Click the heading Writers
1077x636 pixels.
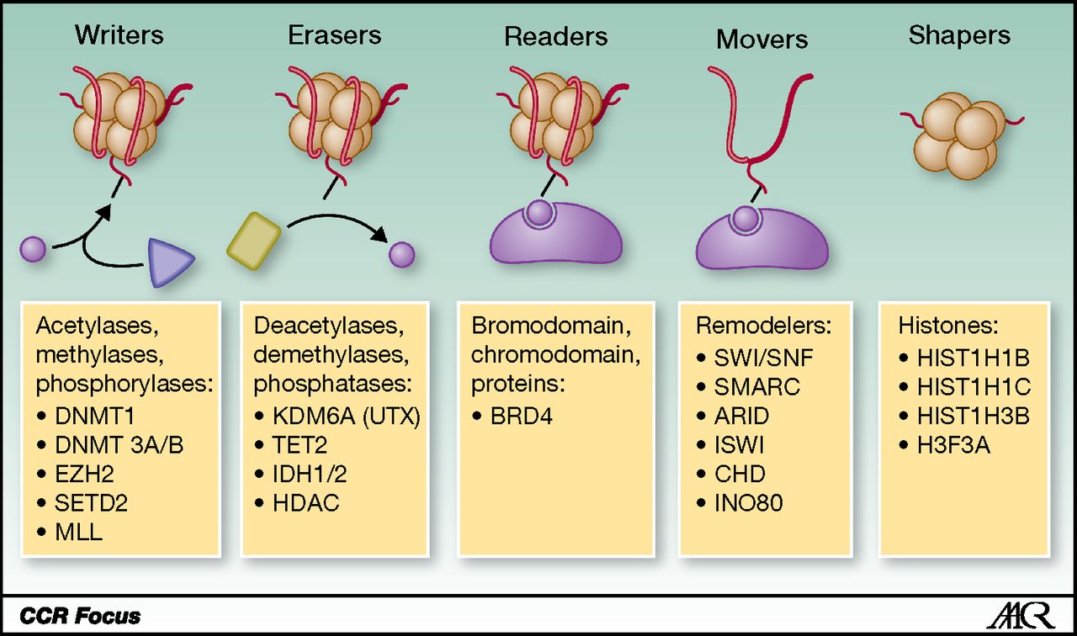click(119, 35)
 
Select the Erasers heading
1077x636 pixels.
click(334, 35)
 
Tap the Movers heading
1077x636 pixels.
click(761, 39)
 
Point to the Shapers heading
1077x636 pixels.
click(959, 35)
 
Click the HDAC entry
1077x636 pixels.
click(306, 504)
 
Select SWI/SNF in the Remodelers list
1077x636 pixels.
click(764, 357)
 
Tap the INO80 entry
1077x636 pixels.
click(749, 503)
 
